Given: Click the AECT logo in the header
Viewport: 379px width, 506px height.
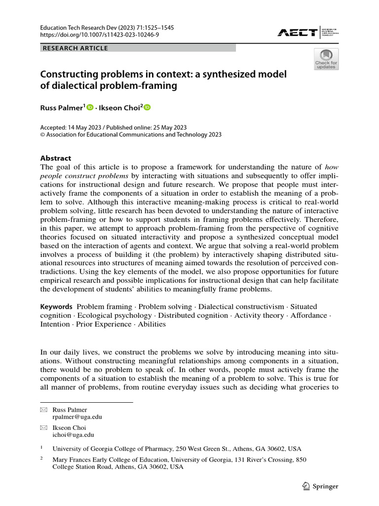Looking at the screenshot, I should [298, 33].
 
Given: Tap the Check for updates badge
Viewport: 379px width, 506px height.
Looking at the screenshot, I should [326, 59].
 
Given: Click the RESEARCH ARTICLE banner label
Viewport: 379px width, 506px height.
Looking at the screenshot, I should [76, 48].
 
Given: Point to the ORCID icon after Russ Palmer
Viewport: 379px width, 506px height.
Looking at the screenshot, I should [90, 107].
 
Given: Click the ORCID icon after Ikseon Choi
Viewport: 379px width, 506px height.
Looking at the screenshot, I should [147, 107].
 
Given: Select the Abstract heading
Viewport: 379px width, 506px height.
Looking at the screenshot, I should [56, 159].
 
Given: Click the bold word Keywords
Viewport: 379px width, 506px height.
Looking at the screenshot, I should [56, 307].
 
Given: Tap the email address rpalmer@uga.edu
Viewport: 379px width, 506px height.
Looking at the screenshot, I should [76, 417].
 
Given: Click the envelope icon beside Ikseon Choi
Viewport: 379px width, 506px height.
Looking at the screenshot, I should [43, 427].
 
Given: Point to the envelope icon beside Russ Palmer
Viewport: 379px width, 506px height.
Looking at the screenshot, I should [43, 409].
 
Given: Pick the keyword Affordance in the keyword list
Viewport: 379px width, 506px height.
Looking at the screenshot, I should [309, 315].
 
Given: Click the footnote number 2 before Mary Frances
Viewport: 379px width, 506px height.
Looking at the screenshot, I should [42, 459].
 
